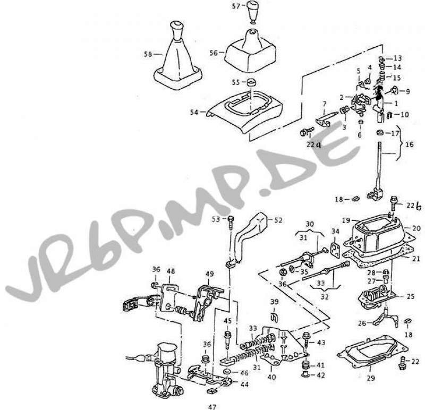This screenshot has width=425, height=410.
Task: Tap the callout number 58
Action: [x=148, y=54]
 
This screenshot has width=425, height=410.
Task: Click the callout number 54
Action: [x=194, y=112]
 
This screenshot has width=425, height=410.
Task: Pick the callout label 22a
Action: [x=313, y=144]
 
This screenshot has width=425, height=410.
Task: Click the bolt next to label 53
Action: [x=231, y=223]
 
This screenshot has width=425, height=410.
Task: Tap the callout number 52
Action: [x=278, y=220]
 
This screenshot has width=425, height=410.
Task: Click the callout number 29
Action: [x=371, y=378]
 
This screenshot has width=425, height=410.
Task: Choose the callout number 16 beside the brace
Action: [x=410, y=144]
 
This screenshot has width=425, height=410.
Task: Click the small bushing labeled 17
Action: [x=379, y=133]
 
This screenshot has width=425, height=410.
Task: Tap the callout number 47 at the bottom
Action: [x=212, y=407]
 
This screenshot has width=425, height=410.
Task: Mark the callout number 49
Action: [x=209, y=274]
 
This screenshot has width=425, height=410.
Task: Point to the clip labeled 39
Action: [x=275, y=317]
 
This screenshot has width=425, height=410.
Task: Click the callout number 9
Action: [x=408, y=91]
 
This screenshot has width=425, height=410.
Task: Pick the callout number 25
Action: [x=411, y=296]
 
